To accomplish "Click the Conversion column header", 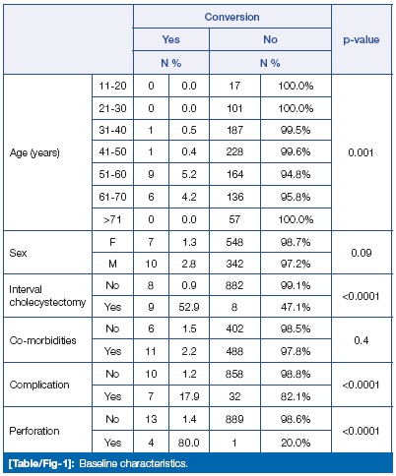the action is pyautogui.click(x=231, y=17).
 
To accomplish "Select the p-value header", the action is pyautogui.click(x=362, y=40).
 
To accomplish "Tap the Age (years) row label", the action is pyautogui.click(x=34, y=152).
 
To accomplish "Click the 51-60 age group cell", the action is pyautogui.click(x=112, y=174).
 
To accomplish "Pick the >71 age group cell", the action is pyautogui.click(x=112, y=219).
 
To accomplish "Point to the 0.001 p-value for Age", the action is pyautogui.click(x=361, y=152).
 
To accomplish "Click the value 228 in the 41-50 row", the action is pyautogui.click(x=234, y=151).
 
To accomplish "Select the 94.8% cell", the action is pyautogui.click(x=296, y=174).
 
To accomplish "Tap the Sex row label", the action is pyautogui.click(x=18, y=253).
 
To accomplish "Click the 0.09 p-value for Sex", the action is pyautogui.click(x=362, y=253).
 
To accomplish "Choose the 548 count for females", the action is pyautogui.click(x=234, y=242).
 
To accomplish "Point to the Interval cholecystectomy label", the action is pyautogui.click(x=47, y=296).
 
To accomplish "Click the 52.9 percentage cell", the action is pyautogui.click(x=189, y=307).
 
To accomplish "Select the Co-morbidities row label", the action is pyautogui.click(x=42, y=340).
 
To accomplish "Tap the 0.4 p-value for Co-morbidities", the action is pyautogui.click(x=362, y=340).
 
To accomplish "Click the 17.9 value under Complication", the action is pyautogui.click(x=189, y=396).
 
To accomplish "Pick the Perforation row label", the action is pyautogui.click(x=34, y=431).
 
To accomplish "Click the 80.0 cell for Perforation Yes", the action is pyautogui.click(x=189, y=443).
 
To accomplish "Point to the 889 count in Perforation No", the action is pyautogui.click(x=234, y=419).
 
